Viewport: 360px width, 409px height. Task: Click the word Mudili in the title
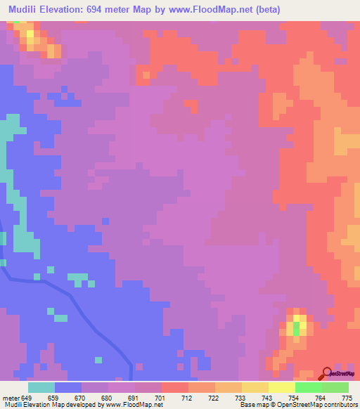click(26, 10)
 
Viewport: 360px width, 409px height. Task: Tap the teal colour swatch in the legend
click(41, 387)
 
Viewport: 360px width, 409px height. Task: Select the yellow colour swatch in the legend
click(281, 387)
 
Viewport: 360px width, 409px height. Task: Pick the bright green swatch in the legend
click(308, 387)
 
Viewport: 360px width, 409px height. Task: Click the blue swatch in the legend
click(68, 387)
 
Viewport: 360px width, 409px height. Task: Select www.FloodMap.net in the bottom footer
click(134, 405)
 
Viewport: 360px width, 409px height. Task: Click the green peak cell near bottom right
click(296, 327)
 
